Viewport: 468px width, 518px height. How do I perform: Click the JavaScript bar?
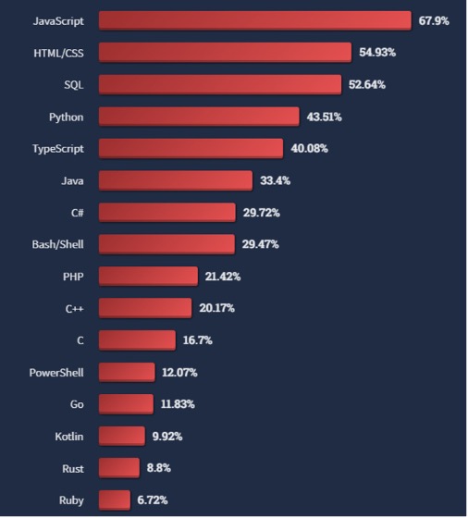click(254, 20)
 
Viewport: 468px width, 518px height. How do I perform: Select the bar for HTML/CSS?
click(225, 53)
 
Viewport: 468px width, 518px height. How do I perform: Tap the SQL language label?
click(74, 84)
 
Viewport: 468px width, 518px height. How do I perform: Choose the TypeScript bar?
click(191, 148)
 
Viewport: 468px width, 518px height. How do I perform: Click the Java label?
click(71, 180)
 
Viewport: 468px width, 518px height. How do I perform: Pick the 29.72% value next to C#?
click(261, 213)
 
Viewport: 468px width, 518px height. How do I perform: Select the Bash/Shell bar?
click(166, 244)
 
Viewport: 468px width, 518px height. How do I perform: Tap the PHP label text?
click(73, 277)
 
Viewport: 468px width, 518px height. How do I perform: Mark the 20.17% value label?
click(216, 308)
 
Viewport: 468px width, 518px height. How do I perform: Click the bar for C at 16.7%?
click(137, 340)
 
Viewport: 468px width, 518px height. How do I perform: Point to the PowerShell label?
click(57, 372)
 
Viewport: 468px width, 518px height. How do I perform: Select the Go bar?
click(126, 404)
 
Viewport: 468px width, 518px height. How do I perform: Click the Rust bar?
click(118, 468)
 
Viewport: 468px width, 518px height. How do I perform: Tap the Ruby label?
click(70, 500)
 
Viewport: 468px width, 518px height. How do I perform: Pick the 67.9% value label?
click(434, 20)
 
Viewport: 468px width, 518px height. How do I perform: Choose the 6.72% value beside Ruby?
click(153, 500)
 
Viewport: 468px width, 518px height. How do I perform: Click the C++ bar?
click(144, 308)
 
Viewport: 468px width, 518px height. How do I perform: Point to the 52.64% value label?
click(367, 84)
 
